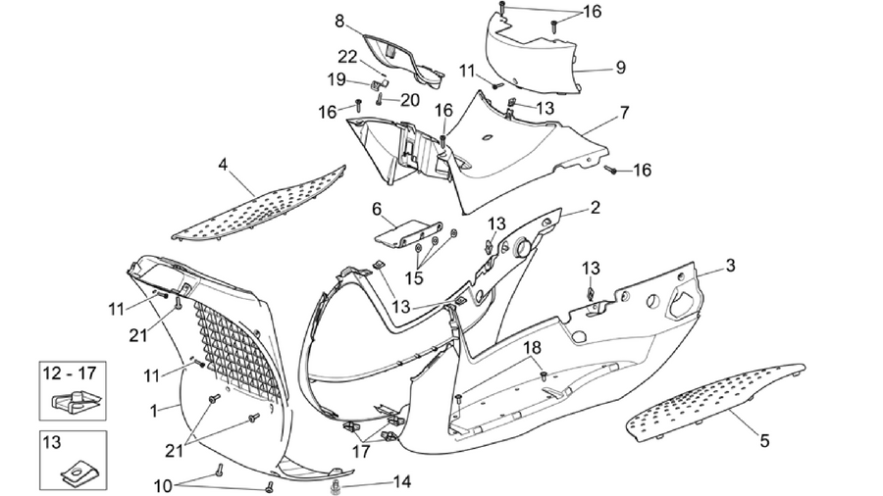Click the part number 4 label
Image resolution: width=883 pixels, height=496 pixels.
coord(224,165)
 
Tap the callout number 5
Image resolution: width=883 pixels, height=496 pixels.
coord(764,440)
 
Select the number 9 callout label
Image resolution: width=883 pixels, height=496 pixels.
coord(621,68)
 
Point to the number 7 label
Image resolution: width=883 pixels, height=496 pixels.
coord(625,113)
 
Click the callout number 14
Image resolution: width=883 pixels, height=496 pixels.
coord(402,482)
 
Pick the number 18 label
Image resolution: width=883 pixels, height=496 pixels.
coord(532,348)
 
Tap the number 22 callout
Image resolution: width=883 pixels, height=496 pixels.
coord(347,57)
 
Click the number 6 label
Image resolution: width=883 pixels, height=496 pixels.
coord(377,209)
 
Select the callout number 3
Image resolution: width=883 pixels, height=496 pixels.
coord(730,265)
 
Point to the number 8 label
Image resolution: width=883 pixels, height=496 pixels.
coord(339,22)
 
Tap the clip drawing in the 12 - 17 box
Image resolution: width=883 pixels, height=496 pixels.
coord(77,400)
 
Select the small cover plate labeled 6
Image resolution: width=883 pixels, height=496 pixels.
coord(408,231)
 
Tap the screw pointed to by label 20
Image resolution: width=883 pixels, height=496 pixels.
coord(380,100)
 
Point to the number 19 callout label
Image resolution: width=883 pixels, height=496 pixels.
coord(337,79)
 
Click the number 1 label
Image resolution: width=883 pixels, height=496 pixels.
coord(153,411)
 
